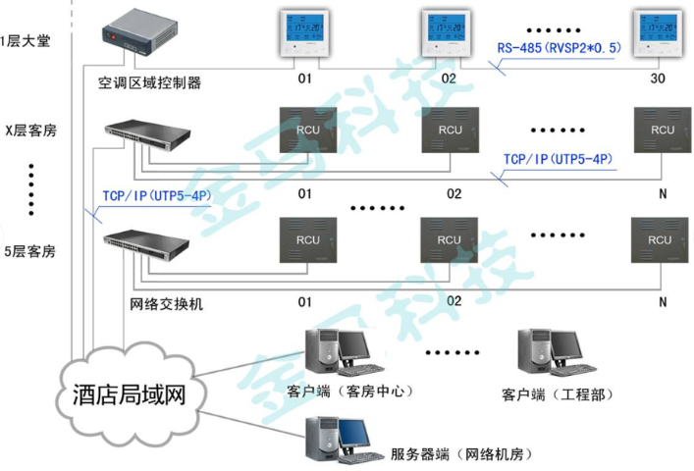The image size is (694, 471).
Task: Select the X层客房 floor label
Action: point(29,130)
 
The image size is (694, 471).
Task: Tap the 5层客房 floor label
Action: point(29,251)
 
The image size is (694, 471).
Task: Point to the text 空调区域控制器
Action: point(149,82)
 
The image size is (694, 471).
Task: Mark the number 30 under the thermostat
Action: point(658,78)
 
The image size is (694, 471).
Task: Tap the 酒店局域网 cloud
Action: point(129,394)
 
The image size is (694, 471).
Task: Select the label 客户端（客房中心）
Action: point(348,392)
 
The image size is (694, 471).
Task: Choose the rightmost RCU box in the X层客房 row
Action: point(662,131)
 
